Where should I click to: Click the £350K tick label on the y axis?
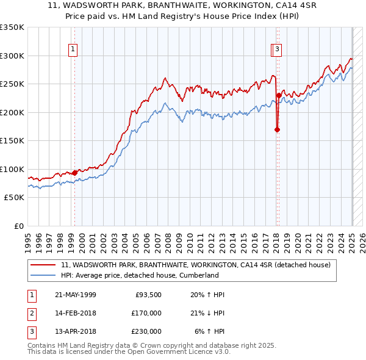tap(12, 27)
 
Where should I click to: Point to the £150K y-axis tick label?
tap(12, 140)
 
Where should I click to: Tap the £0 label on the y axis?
tap(18, 226)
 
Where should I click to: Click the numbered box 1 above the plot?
tap(73, 50)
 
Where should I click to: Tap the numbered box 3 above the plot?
tap(277, 50)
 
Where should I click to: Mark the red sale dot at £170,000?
tap(276, 129)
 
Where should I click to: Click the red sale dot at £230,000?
tap(278, 95)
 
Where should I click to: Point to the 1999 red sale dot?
tap(75, 173)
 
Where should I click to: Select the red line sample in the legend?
tap(43, 265)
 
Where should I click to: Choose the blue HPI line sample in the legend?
tap(43, 275)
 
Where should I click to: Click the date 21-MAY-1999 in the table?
tap(76, 295)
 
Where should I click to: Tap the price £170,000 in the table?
tap(146, 313)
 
